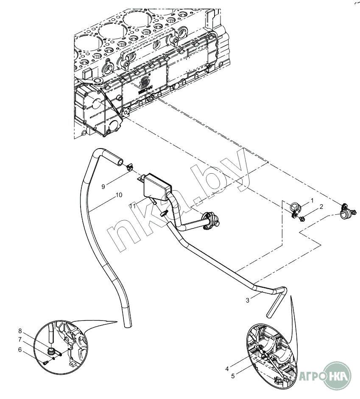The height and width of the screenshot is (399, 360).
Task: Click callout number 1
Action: tap(312, 199)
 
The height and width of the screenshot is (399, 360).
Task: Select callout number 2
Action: tap(321, 207)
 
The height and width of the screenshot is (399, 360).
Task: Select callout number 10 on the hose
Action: tap(119, 195)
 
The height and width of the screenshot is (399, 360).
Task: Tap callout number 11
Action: tap(132, 205)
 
